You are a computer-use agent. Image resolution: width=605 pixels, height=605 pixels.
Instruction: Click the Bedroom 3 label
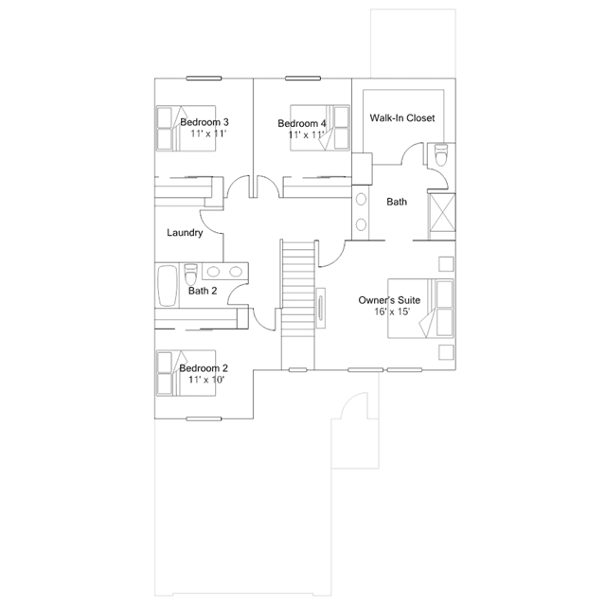[205, 122]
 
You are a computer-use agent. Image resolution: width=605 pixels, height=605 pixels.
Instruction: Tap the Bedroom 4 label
[302, 123]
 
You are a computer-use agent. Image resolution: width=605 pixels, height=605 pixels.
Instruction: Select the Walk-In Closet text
[402, 117]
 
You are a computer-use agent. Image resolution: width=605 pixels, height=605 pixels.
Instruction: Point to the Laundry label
[185, 233]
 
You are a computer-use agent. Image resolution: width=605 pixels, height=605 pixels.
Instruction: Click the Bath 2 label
[203, 291]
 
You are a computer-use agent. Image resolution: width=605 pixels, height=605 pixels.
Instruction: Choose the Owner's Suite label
[389, 300]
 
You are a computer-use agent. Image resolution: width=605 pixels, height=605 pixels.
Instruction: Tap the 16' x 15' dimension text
[392, 311]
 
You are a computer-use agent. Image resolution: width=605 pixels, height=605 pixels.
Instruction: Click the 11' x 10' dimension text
[206, 380]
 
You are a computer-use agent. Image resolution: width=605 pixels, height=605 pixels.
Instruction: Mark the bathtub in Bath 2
[168, 286]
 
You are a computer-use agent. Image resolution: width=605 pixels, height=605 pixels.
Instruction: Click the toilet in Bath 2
[190, 274]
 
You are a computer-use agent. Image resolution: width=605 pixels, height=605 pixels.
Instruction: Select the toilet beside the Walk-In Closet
[441, 154]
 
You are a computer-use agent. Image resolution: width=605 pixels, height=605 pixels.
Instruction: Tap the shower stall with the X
[442, 217]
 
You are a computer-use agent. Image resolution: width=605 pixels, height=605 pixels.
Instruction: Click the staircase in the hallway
[298, 305]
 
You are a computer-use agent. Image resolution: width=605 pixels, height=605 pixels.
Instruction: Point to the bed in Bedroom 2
[186, 373]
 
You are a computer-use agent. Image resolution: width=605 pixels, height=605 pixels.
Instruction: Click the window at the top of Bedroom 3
[204, 79]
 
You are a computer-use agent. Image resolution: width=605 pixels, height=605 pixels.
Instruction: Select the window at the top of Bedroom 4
[303, 79]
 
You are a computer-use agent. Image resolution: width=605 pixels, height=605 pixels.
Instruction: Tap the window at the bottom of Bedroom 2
[204, 418]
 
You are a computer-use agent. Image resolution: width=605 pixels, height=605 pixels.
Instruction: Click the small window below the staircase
[298, 370]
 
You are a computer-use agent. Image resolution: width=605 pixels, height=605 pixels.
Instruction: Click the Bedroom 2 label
[204, 368]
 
